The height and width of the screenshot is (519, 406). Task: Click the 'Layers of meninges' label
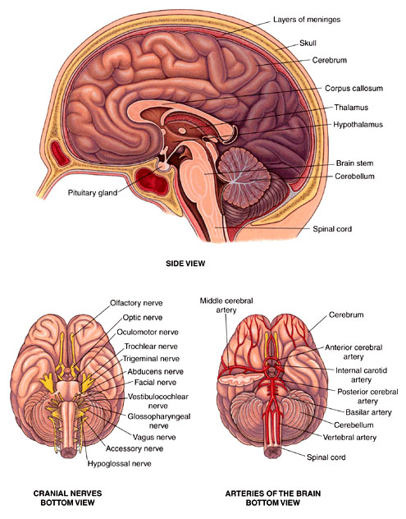[307, 20]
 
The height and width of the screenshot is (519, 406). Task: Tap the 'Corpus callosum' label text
[354, 89]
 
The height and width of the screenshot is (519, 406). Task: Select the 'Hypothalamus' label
[358, 125]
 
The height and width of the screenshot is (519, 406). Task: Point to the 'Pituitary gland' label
[93, 193]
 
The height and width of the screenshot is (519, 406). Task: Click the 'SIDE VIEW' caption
[185, 264]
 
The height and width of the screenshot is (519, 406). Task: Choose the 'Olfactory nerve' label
[136, 303]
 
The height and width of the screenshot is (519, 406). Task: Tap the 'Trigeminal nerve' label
[151, 359]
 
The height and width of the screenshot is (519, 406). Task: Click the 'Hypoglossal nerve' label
[120, 464]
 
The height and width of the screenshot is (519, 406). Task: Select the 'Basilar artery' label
[368, 412]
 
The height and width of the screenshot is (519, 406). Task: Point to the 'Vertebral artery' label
[349, 438]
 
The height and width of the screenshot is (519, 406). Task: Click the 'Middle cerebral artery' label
[226, 305]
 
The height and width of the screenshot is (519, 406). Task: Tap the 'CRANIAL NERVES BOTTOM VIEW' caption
[67, 498]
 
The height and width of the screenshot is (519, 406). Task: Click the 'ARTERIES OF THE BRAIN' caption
[273, 494]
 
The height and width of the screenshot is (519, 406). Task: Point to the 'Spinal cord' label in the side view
[332, 229]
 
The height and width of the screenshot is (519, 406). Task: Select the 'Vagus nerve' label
[154, 437]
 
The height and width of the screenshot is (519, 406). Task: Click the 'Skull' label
[308, 43]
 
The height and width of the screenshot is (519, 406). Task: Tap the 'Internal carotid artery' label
[361, 375]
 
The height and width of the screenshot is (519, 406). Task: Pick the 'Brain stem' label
[354, 163]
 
